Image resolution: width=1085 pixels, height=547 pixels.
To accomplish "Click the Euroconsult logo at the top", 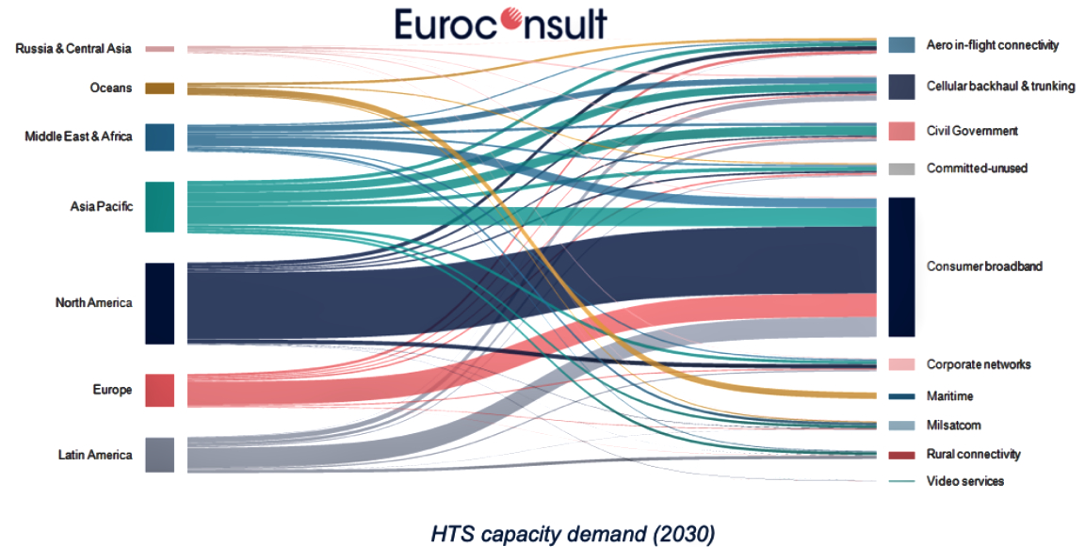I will click(501, 23).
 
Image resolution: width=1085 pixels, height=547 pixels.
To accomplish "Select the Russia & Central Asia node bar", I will click(159, 49).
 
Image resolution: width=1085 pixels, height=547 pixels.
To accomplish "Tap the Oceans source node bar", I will click(159, 88).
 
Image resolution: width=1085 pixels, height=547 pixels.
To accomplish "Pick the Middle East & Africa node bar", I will click(159, 137).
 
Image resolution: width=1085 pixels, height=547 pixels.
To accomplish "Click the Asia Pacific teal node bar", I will click(159, 207).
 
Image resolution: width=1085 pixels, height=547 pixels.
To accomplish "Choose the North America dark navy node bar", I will click(159, 303).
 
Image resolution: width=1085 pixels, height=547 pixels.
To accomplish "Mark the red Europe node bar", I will click(159, 390).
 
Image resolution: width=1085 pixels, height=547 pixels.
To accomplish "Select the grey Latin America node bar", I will click(159, 455).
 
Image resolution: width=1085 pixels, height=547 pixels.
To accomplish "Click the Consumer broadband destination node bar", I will click(901, 266).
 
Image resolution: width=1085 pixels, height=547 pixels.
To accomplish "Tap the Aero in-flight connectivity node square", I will click(901, 44).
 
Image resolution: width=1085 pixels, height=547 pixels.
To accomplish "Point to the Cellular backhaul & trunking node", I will click(901, 87).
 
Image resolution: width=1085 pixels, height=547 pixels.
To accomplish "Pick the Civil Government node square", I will click(901, 131).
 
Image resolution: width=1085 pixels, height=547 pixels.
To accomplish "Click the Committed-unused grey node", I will click(901, 169).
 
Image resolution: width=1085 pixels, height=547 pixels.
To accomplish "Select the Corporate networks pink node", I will click(901, 364).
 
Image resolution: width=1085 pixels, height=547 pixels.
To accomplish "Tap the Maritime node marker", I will click(901, 396).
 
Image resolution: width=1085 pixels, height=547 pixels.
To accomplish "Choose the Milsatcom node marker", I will click(901, 426).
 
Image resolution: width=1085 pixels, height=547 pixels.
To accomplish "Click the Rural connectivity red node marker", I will click(901, 455).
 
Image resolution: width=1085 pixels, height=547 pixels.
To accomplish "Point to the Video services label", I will click(964, 481).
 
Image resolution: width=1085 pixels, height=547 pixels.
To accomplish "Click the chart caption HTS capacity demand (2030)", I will click(573, 534).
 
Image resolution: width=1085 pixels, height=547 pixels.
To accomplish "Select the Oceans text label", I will click(110, 88).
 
